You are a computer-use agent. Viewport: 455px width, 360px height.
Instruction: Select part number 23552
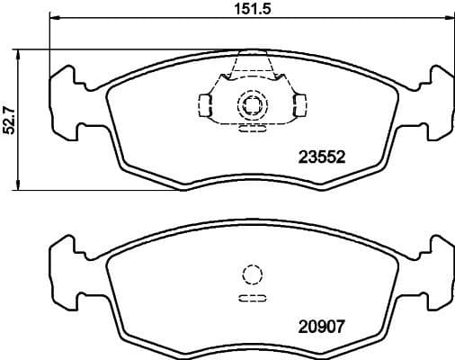tap(321, 155)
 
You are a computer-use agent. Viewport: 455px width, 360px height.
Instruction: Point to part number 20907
tap(321, 329)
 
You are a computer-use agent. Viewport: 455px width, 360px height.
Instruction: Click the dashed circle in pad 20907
tap(252, 275)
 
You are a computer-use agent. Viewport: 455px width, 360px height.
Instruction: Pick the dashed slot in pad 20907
tap(252, 299)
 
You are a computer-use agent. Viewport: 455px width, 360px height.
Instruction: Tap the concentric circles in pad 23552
tap(252, 106)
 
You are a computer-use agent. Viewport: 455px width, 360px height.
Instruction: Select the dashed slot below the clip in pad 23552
tap(252, 128)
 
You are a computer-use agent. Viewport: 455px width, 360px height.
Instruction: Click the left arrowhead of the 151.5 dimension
tap(53, 19)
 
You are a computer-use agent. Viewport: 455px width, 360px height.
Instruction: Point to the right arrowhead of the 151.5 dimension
tap(449, 19)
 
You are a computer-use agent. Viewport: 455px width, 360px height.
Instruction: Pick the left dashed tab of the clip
tap(206, 106)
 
